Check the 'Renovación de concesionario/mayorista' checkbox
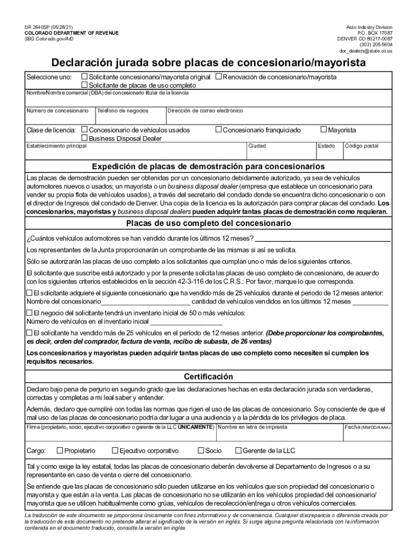[219, 77]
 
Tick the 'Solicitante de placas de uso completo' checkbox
[84, 85]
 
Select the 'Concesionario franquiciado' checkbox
[219, 130]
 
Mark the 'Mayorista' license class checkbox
[324, 130]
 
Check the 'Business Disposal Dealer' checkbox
[84, 138]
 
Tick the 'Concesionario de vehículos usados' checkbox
[84, 130]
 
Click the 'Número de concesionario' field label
[57, 111]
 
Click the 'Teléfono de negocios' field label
[123, 111]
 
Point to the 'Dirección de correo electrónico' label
[205, 111]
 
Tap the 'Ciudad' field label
[257, 146]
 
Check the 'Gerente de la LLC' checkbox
[238, 450]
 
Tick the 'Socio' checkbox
[201, 450]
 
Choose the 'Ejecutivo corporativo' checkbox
[115, 450]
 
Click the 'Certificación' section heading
[208, 377]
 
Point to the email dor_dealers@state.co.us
[366, 51]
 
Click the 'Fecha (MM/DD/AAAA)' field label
[367, 428]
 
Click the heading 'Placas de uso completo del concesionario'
[208, 223]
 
